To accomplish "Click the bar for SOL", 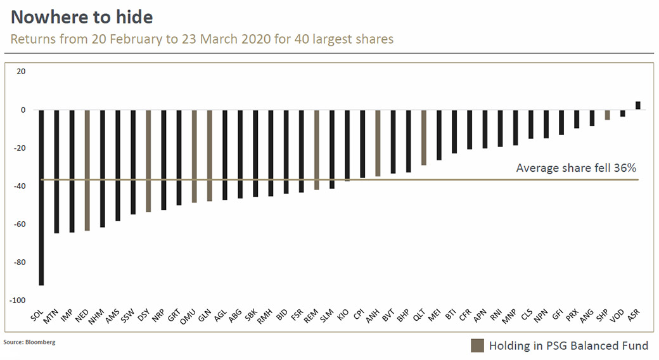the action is tap(41, 198).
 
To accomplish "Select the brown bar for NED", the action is tap(87, 170).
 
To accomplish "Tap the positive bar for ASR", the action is tap(638, 106).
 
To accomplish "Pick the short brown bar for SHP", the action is tap(607, 115).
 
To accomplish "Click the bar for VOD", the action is tap(622, 113).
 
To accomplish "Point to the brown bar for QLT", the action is tap(424, 138).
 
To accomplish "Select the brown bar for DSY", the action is tap(148, 161).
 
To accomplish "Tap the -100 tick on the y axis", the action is tap(18, 300).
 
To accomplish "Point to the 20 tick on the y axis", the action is tap(21, 72).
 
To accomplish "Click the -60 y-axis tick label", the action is tap(20, 224).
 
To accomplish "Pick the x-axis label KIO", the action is tap(343, 314).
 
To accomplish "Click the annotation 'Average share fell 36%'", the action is tap(576, 168).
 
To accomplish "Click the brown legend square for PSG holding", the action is tap(477, 345).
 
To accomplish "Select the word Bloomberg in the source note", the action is tap(41, 342).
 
